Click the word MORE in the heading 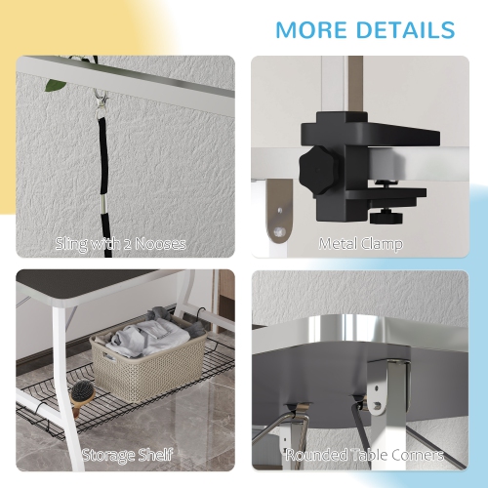click(311, 30)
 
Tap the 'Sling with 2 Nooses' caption click(121, 244)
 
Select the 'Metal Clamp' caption click(360, 244)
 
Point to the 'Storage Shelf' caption click(127, 455)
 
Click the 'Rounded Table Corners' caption click(365, 455)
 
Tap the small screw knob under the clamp click(386, 218)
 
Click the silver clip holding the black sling click(99, 102)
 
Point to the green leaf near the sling click(57, 85)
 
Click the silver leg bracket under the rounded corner click(387, 386)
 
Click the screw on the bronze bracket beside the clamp click(279, 231)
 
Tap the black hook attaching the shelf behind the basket click(199, 312)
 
